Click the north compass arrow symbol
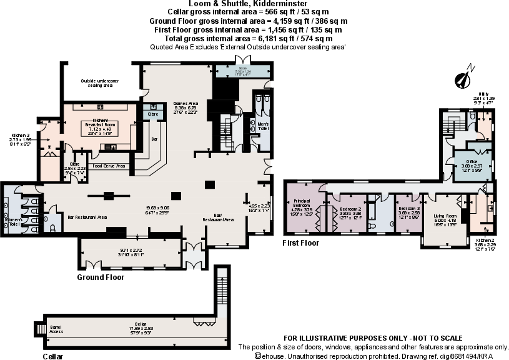pyautogui.click(x=463, y=77)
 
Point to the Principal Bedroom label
pyautogui.click(x=302, y=205)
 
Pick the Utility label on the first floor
pyautogui.click(x=483, y=95)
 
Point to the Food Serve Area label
pyautogui.click(x=109, y=166)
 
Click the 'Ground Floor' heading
pyautogui.click(x=101, y=277)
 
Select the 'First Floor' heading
pyautogui.click(x=300, y=243)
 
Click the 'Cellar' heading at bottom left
pyautogui.click(x=53, y=356)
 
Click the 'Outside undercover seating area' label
pyautogui.click(x=100, y=83)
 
